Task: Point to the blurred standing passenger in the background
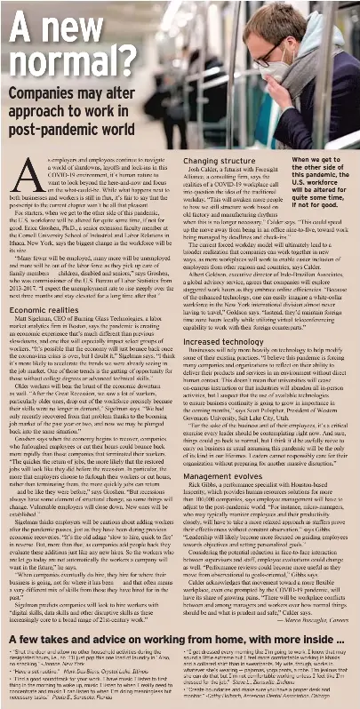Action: [x=190, y=62]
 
